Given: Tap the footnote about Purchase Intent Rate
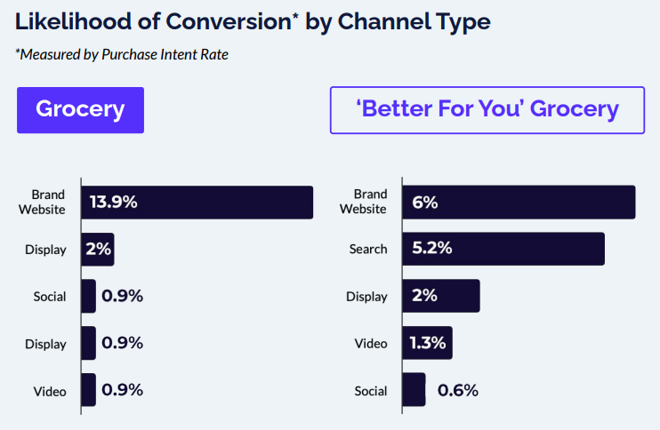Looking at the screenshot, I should click(122, 55).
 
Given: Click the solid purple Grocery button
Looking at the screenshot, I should click(80, 110).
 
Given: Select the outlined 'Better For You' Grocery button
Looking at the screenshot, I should click(487, 110).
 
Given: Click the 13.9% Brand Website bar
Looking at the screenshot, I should click(197, 202).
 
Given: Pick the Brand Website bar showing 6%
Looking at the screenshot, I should click(519, 202).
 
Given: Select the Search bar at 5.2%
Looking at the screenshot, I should click(503, 249).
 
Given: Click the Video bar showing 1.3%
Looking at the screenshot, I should click(428, 343).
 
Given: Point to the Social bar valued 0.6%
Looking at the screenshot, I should click(414, 390).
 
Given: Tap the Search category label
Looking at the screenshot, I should click(368, 249).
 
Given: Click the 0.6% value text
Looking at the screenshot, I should click(457, 390).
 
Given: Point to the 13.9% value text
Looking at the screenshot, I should click(113, 202).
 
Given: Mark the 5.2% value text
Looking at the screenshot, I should click(432, 249).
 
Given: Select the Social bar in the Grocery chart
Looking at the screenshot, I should click(88, 296).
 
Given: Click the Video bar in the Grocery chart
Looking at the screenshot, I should click(88, 390).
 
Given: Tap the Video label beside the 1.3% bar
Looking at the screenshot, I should click(371, 343).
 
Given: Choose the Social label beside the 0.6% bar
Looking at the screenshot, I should click(370, 390).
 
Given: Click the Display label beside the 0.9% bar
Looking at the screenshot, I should click(45, 343).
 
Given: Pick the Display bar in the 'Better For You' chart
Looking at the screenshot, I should click(441, 296).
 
